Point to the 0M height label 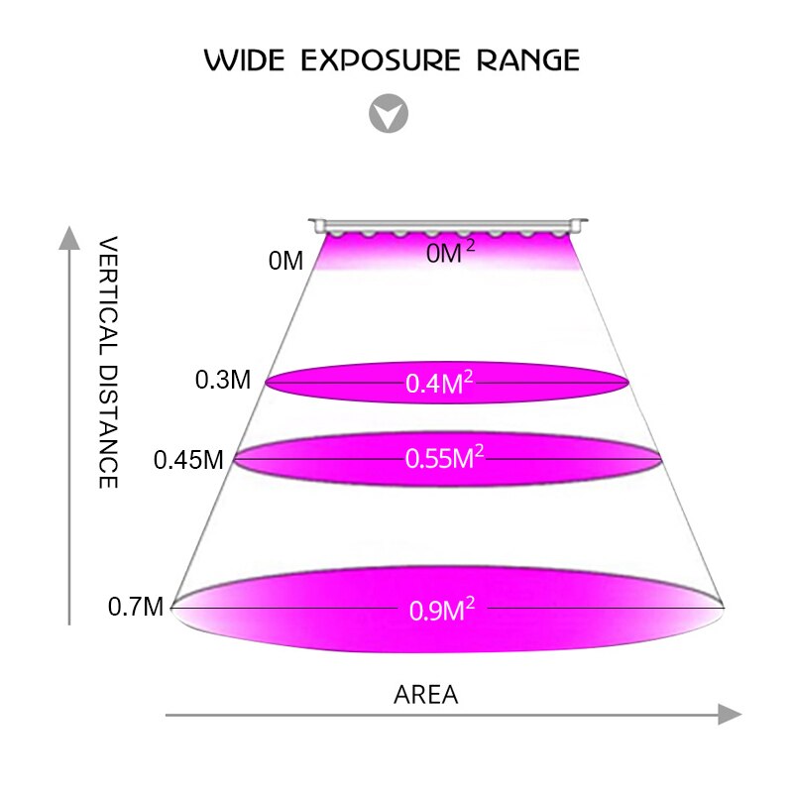click(285, 262)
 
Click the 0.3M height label click(223, 380)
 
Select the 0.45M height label click(188, 460)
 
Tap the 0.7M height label click(136, 607)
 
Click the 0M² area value click(450, 254)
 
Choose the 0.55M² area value click(444, 458)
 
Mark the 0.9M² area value click(442, 610)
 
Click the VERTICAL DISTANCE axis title click(109, 362)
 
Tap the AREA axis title click(426, 695)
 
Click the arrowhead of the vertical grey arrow click(68, 238)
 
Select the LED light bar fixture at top click(448, 227)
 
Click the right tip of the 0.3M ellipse click(628, 381)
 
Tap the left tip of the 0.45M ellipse click(234, 458)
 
